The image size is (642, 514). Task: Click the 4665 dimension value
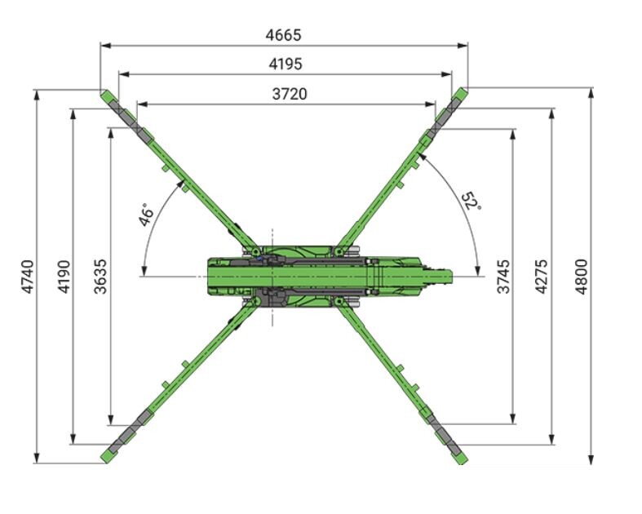(x=283, y=35)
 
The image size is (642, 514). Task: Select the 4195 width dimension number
(x=286, y=64)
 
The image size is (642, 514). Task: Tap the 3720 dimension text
(x=290, y=94)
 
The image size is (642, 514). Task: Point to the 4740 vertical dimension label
(x=28, y=277)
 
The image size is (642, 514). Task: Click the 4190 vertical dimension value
(x=64, y=277)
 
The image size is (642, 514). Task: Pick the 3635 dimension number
(x=100, y=277)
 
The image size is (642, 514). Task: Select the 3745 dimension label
(x=503, y=277)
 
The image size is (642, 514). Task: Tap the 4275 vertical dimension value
(x=542, y=277)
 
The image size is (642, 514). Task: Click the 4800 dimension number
(x=581, y=277)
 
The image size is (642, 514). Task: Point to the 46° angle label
(x=146, y=215)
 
